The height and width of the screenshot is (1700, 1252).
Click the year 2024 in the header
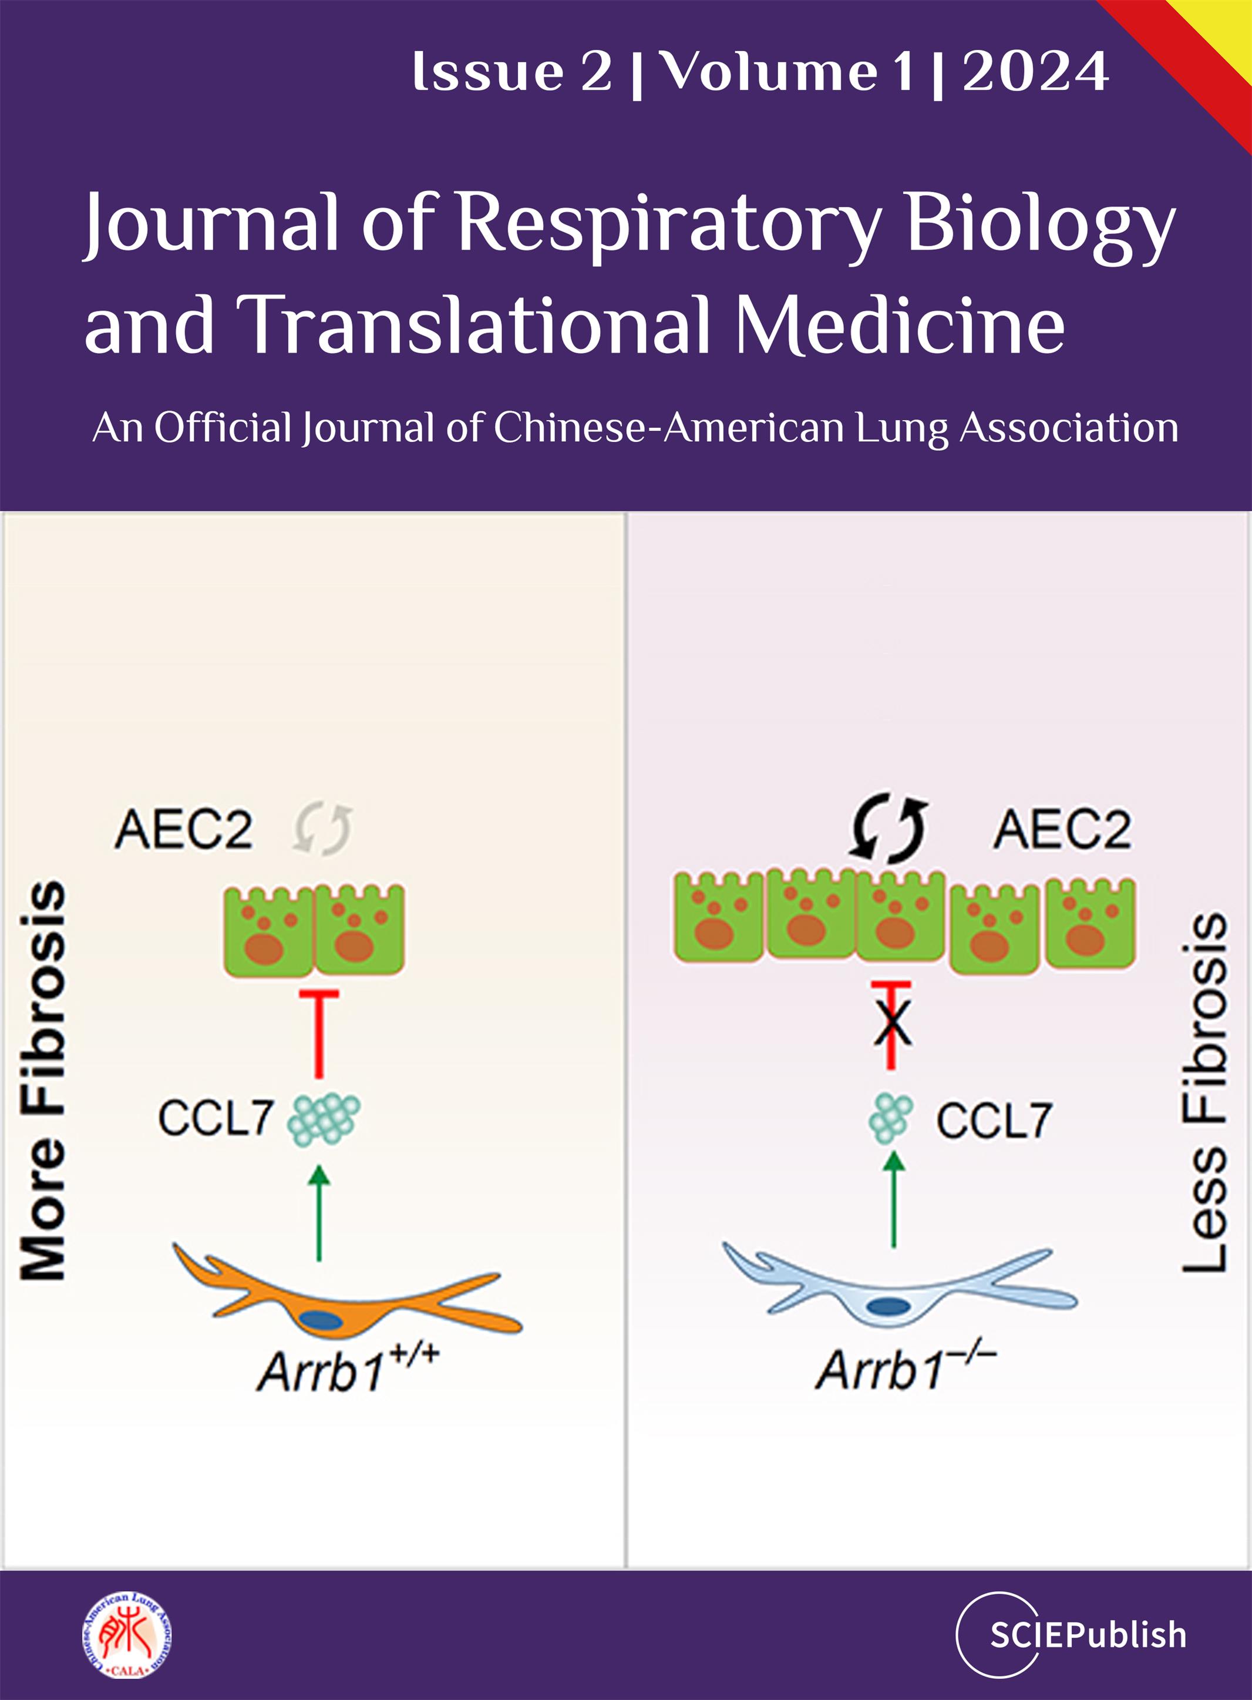(x=1035, y=72)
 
